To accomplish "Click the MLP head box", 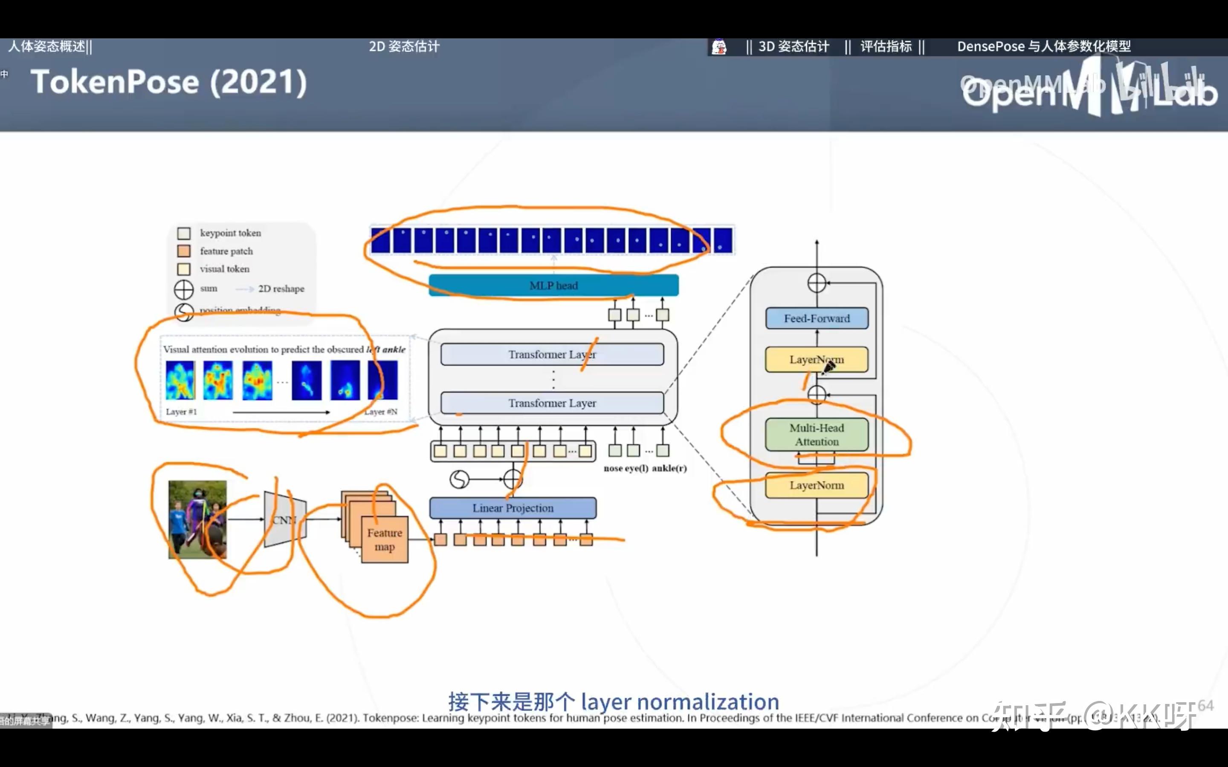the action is point(553,285).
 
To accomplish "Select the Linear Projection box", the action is point(513,508).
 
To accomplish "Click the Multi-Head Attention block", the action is point(817,435).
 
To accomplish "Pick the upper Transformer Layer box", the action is point(552,355).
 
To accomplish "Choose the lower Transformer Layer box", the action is point(552,403).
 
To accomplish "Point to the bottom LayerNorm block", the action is point(817,485).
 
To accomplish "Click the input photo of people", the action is point(197,519).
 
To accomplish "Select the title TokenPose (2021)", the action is point(168,82).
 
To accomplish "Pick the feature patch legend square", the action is point(184,251).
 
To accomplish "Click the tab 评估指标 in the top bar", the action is point(886,47).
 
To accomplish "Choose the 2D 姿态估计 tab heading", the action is point(404,47).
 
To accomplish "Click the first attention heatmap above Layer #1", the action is point(180,380).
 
